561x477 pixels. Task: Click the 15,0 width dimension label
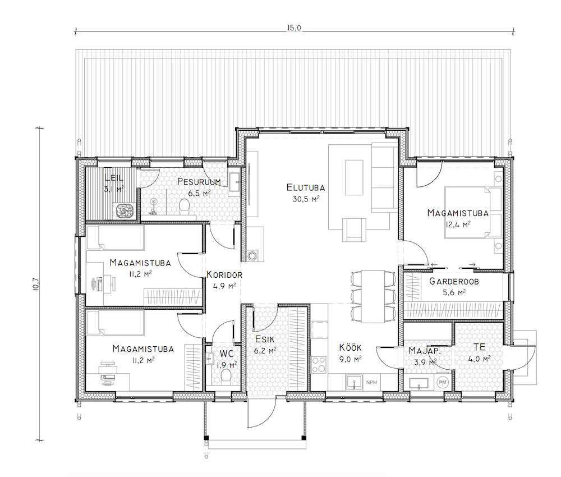(x=294, y=27)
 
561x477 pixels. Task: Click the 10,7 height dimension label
(x=36, y=285)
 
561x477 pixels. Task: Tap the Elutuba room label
(x=306, y=187)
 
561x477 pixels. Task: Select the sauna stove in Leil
(x=124, y=210)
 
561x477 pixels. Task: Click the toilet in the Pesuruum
(x=184, y=206)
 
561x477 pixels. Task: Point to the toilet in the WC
(x=226, y=376)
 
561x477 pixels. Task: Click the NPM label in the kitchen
(x=371, y=382)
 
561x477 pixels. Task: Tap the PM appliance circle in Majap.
(x=443, y=382)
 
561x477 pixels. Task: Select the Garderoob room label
(x=454, y=282)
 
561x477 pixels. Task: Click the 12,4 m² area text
(x=458, y=224)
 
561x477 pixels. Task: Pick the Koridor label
(x=224, y=275)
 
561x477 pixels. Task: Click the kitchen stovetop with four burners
(x=319, y=365)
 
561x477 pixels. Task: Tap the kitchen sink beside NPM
(x=354, y=382)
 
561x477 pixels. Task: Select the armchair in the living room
(x=354, y=230)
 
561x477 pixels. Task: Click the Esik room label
(x=265, y=340)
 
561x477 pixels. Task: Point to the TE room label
(x=480, y=347)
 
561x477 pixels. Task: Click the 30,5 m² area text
(x=306, y=199)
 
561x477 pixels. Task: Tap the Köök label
(x=350, y=347)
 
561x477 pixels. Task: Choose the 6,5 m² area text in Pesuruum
(x=199, y=193)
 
